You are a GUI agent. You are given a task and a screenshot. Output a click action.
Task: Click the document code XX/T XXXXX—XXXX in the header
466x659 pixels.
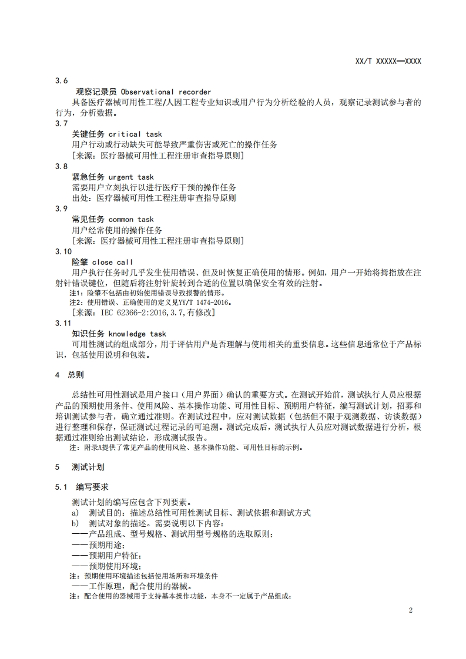[388, 60]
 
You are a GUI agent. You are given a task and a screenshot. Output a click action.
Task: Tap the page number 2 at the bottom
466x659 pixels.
[411, 610]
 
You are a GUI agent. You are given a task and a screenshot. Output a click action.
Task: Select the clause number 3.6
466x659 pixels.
[62, 81]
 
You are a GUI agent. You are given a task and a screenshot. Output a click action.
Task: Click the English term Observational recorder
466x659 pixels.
[166, 92]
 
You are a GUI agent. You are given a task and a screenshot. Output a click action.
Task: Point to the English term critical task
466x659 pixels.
[135, 134]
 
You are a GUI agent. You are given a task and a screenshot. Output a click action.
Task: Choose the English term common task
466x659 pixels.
[131, 219]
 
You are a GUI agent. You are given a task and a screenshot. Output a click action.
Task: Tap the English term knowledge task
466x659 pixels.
[138, 334]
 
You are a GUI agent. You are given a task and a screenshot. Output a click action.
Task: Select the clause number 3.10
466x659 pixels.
[63, 251]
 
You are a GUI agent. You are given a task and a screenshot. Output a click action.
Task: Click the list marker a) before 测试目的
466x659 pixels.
[75, 513]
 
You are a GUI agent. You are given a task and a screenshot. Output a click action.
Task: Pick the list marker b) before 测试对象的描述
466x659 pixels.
[75, 523]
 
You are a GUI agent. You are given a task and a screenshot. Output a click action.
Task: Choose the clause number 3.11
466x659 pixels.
[63, 323]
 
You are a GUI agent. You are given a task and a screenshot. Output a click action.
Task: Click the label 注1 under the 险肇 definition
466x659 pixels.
[75, 292]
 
